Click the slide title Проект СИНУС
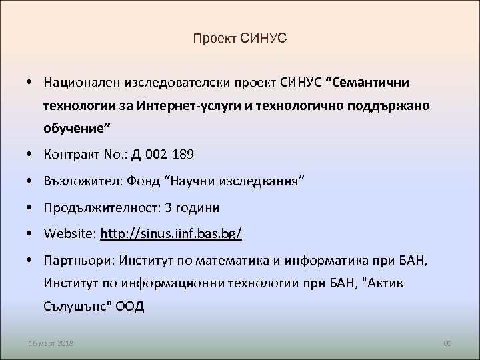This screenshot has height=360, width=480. (x=239, y=39)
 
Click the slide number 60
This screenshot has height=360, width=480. (x=447, y=343)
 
